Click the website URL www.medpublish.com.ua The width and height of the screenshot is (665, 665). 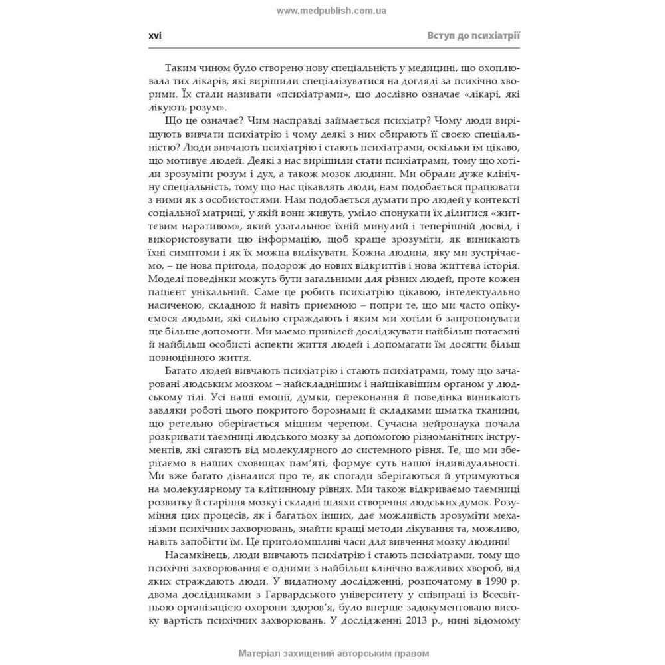[331, 11]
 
